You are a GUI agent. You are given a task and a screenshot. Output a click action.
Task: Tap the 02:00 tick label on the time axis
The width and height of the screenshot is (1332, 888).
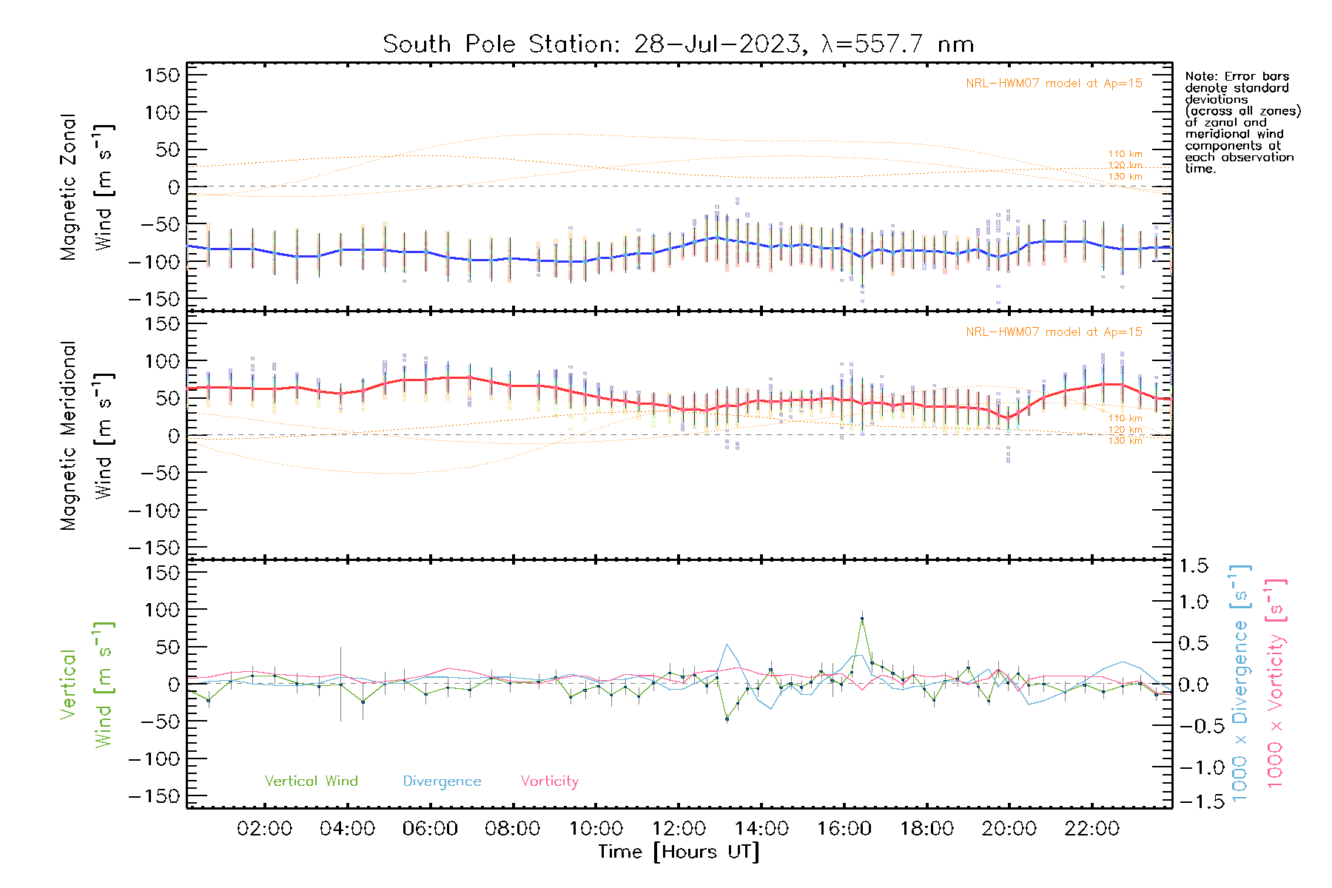tap(264, 829)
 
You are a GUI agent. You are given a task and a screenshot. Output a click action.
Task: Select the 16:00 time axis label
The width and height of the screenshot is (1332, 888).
tap(844, 829)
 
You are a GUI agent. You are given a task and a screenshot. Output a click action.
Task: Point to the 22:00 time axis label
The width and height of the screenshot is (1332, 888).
tap(1091, 829)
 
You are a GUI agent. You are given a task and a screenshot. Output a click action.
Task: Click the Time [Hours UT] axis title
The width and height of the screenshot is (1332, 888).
tap(679, 852)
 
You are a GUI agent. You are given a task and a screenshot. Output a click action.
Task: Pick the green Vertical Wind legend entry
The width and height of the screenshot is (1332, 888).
tap(311, 781)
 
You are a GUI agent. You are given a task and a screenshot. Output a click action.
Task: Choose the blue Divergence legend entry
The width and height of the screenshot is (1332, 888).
tap(442, 781)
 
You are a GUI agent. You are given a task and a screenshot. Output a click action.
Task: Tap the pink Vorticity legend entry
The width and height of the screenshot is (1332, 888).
tap(549, 781)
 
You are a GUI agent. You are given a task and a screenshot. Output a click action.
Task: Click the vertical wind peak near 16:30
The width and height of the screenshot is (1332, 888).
tap(862, 619)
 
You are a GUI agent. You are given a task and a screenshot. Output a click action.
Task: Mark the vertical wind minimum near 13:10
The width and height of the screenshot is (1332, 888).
tap(727, 719)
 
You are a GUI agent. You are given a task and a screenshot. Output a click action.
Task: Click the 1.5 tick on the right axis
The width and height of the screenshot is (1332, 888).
tap(1193, 566)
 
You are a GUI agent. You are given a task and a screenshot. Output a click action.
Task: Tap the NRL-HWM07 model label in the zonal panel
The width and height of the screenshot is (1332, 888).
tap(1054, 84)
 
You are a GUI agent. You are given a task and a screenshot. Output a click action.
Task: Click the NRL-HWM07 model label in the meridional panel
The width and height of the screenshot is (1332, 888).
tap(1054, 332)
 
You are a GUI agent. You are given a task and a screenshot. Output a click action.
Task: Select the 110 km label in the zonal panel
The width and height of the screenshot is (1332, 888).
tap(1125, 155)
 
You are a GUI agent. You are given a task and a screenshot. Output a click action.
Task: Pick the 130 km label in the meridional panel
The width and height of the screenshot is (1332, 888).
tap(1125, 441)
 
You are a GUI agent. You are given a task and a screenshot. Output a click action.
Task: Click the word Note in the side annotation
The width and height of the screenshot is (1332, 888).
tap(1200, 77)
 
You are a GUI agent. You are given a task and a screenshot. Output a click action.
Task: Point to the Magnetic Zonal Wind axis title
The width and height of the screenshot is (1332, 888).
tap(87, 187)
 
